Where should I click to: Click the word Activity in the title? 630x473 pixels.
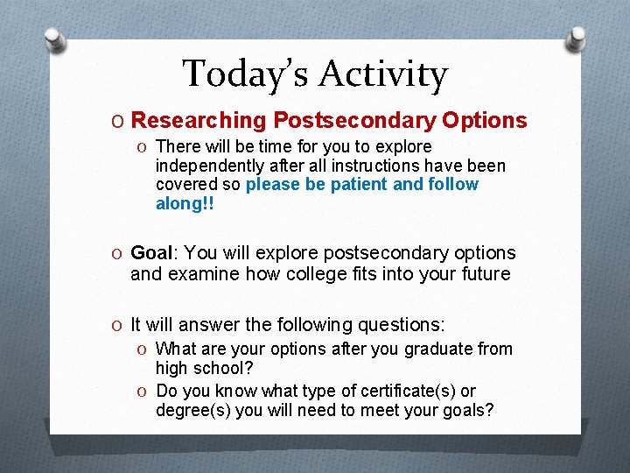382,74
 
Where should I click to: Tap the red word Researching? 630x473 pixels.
199,120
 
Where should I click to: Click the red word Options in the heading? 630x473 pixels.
485,120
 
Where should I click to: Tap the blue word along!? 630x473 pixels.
185,203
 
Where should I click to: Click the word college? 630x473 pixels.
301,273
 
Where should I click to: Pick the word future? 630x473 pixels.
479,273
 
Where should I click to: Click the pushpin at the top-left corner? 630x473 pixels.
56,40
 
